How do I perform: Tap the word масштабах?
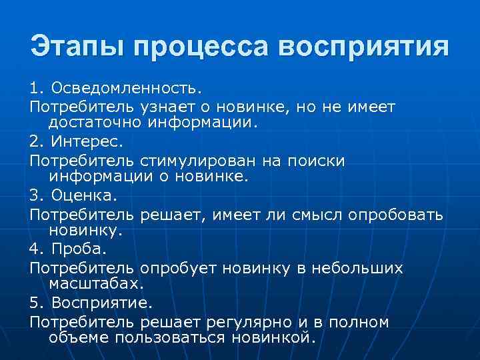[95, 284]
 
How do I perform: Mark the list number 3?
[35, 196]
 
